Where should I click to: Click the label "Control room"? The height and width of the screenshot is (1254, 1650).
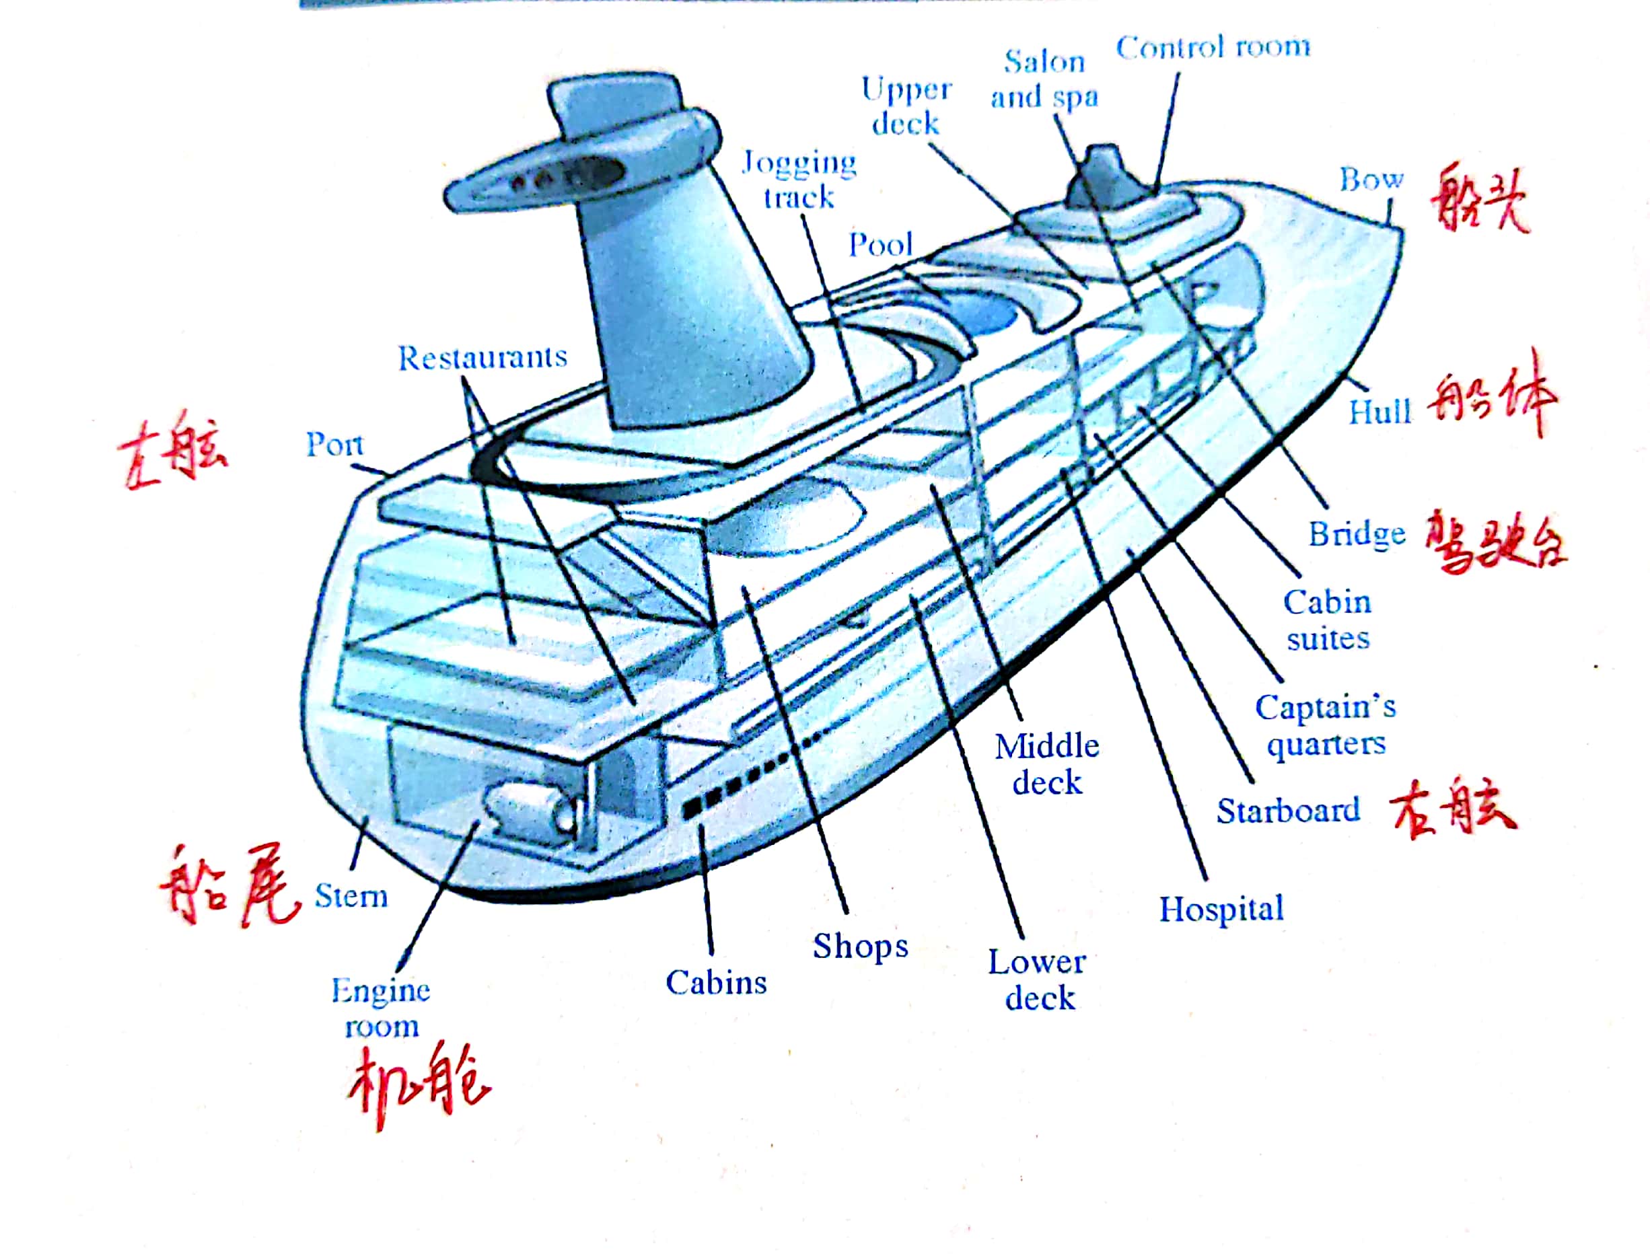[1213, 48]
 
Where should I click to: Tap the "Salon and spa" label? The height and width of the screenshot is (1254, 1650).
[1044, 79]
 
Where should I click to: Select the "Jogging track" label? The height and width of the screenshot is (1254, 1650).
[799, 180]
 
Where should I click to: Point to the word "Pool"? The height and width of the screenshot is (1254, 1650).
[881, 245]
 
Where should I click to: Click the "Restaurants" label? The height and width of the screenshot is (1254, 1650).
[482, 359]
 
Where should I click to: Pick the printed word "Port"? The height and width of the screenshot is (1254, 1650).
[334, 445]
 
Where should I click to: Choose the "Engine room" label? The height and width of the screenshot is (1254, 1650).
[381, 1008]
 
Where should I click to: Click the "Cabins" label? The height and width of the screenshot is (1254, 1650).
[716, 983]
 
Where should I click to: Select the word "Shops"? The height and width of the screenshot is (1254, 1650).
[860, 947]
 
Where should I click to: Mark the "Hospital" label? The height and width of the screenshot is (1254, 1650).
[1221, 909]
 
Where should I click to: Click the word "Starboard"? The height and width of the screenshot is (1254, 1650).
[1288, 811]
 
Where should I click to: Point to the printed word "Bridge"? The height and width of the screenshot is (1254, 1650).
[1357, 534]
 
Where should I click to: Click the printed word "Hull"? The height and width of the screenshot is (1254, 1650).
[1379, 411]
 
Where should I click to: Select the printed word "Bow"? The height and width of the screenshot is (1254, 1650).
[1371, 179]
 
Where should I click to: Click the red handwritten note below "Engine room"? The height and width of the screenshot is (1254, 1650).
[418, 1086]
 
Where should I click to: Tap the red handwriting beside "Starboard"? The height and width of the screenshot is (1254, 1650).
[1452, 810]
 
